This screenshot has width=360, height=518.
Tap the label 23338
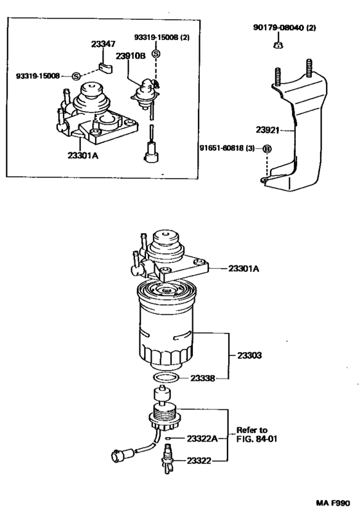click(x=203, y=379)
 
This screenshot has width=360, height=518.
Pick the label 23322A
click(x=203, y=438)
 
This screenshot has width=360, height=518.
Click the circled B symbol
click(x=266, y=149)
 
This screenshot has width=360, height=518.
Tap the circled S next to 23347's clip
click(x=75, y=76)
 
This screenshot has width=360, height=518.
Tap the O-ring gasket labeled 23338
click(x=164, y=379)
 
